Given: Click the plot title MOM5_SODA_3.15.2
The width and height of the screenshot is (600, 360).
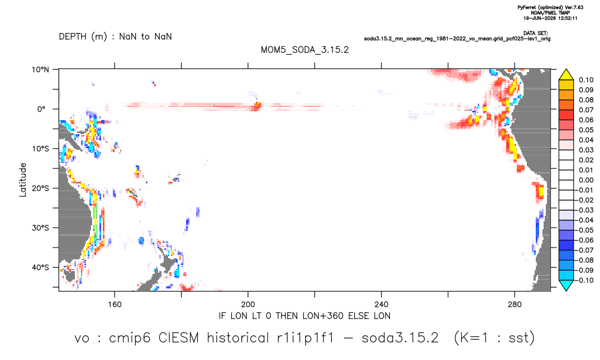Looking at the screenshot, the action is [x=304, y=50].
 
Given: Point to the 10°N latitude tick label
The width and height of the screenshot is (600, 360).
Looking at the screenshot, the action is [x=40, y=70].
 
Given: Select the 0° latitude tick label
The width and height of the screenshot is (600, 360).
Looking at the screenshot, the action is [x=42, y=109].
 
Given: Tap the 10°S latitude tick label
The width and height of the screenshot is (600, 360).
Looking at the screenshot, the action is [x=40, y=149].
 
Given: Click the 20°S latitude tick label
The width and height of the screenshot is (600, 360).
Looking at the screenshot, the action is [x=40, y=188].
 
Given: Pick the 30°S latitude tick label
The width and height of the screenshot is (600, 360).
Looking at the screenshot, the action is [x=40, y=228].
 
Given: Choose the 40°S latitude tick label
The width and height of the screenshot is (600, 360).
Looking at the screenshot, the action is [x=40, y=267].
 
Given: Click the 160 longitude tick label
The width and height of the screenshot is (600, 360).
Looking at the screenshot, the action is [x=115, y=305].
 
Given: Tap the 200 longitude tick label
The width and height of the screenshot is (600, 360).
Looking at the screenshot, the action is [x=248, y=305].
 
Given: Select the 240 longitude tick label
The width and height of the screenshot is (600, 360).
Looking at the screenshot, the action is [x=381, y=305].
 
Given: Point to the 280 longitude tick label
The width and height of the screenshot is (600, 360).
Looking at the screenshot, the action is [x=515, y=305].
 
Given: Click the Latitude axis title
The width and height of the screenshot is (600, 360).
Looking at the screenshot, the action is [x=23, y=180].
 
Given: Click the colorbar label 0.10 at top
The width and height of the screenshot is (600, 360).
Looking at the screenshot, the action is [x=586, y=80].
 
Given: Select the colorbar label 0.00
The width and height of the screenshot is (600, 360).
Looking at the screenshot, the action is [x=586, y=180].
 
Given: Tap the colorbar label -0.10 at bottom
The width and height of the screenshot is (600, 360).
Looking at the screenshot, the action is [x=584, y=280].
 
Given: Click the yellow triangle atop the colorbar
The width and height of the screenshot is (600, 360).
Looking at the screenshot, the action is [x=566, y=75].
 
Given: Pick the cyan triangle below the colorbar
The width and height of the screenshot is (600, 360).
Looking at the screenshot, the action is [x=566, y=285].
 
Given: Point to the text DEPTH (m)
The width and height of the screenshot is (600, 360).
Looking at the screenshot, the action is [x=83, y=37].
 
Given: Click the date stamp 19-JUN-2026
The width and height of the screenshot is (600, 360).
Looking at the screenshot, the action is [x=540, y=18].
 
